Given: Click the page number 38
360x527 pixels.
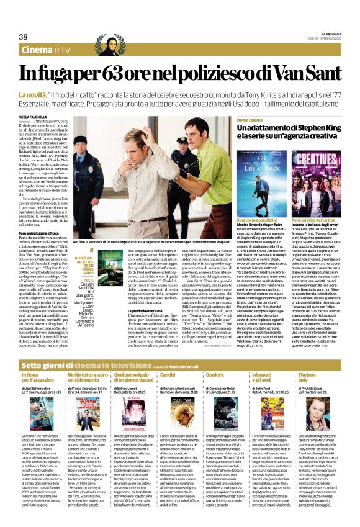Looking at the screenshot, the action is click(24, 37).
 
